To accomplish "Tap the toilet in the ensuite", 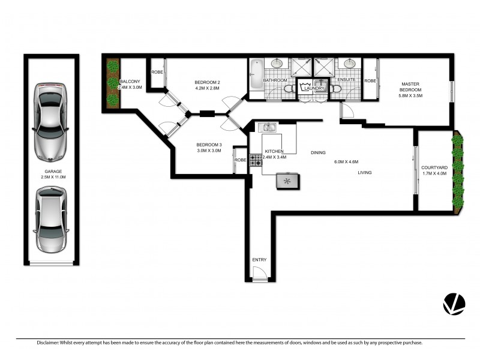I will tap(336, 89).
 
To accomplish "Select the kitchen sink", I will tap(268, 127).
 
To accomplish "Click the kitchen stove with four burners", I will tap(257, 160).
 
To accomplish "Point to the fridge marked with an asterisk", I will tap(287, 181).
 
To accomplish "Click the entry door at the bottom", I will tap(259, 274).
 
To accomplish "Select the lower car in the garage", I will tap(51, 219).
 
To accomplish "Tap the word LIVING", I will tap(365, 173).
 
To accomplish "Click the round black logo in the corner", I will tap(454, 304).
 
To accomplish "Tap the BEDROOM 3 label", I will tap(209, 145).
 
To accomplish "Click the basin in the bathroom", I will tap(278, 64).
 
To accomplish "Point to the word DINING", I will tap(318, 152).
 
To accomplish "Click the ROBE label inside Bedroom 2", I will tap(157, 73).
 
